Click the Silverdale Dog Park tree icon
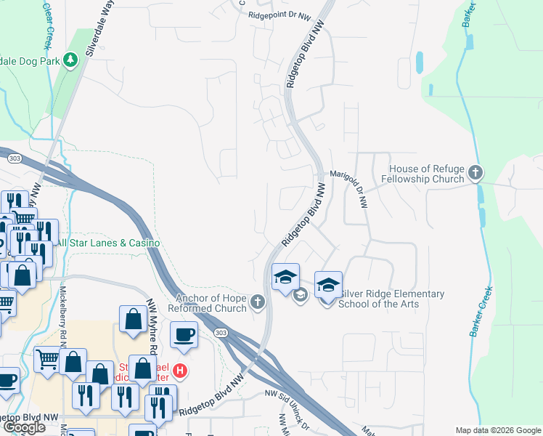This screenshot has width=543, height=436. [70, 59]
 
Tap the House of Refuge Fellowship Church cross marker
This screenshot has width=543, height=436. [475, 173]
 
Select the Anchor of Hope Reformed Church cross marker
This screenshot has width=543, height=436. [257, 302]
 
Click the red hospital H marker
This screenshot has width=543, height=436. [181, 371]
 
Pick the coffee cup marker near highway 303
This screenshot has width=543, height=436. [183, 335]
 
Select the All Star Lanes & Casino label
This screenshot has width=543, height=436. [108, 243]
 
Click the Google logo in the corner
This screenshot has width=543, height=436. [24, 427]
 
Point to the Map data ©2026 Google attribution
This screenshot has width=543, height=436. [497, 429]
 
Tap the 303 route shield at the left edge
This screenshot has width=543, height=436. [12, 157]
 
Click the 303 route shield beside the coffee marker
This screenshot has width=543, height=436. [221, 332]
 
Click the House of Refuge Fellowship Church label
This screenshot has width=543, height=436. [427, 174]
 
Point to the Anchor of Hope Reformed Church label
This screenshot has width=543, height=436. [208, 302]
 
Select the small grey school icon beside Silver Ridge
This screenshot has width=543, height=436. [299, 294]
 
